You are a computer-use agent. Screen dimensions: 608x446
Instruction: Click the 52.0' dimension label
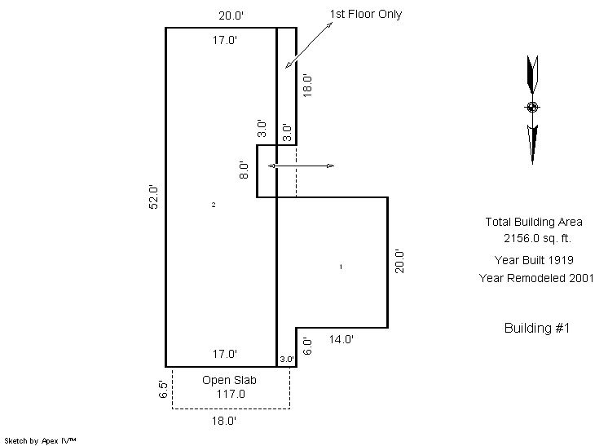[153, 197]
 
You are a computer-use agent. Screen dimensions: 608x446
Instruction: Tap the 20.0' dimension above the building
[231, 15]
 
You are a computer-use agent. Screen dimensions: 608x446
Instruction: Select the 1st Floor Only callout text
[366, 15]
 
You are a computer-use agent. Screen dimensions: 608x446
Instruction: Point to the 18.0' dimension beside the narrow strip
[307, 86]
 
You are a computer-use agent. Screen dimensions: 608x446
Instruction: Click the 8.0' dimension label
[244, 170]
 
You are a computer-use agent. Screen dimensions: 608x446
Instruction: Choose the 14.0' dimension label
[341, 339]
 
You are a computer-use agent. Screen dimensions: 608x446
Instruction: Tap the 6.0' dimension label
[307, 346]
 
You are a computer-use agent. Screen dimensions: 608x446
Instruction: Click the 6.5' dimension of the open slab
[163, 389]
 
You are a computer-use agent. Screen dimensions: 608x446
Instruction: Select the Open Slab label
[229, 380]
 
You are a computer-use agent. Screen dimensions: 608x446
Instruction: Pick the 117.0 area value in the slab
[231, 394]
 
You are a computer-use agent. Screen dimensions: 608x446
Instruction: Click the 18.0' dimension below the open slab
[224, 421]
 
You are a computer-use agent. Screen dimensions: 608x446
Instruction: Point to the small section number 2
[214, 205]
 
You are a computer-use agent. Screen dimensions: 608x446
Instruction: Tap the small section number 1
[341, 267]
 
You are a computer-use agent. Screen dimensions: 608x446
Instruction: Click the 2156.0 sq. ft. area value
[537, 238]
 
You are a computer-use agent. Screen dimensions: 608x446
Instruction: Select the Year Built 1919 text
[534, 260]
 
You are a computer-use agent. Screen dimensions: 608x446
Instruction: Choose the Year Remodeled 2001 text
[536, 278]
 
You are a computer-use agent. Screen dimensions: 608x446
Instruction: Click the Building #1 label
[537, 328]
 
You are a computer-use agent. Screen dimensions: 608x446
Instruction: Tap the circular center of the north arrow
[532, 107]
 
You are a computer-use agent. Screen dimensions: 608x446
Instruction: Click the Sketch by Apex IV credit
[40, 441]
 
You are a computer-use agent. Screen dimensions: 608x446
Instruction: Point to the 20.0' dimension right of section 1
[399, 262]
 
